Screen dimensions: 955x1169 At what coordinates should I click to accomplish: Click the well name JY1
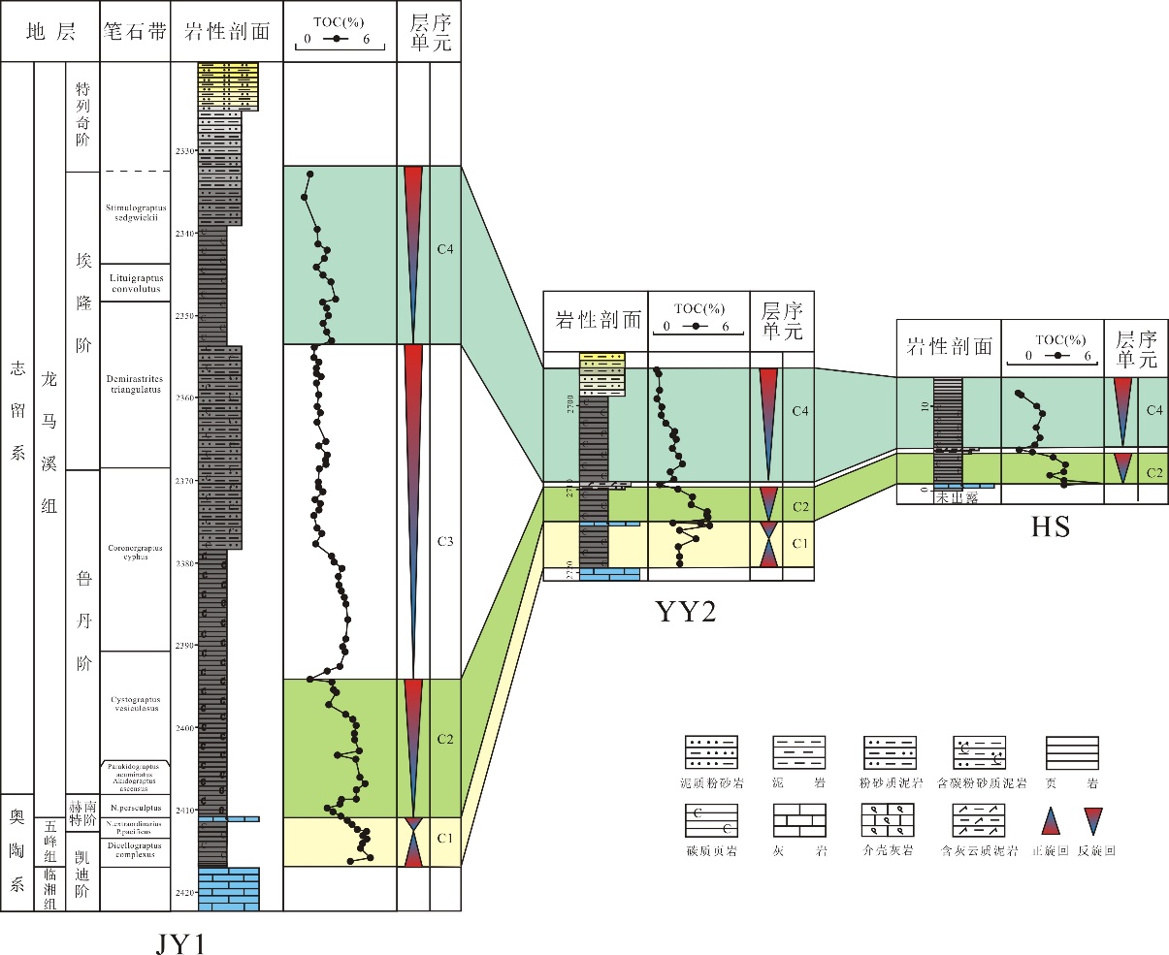click(180, 941)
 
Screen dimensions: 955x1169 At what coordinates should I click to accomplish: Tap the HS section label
click(1050, 526)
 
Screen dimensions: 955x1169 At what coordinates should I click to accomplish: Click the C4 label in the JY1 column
click(445, 249)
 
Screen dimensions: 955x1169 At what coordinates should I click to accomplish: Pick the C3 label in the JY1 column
click(445, 541)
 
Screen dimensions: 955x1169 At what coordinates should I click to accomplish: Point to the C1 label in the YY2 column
click(799, 544)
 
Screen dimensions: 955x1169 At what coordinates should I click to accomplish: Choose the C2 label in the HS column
click(1154, 472)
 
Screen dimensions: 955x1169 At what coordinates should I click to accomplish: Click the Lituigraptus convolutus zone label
click(136, 283)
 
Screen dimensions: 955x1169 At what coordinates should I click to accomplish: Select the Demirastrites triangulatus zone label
click(135, 384)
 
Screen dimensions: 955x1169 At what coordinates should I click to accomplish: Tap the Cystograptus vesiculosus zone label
click(136, 704)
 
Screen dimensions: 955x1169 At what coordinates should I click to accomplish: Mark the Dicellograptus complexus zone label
click(135, 849)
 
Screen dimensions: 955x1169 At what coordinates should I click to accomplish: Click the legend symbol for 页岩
click(1071, 753)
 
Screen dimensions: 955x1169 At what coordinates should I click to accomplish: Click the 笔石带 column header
click(135, 31)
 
